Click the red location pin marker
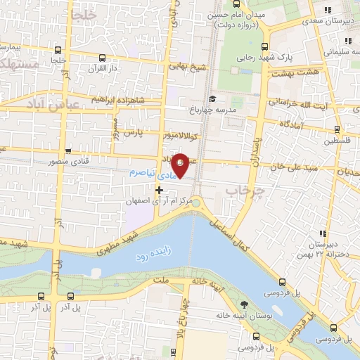click(x=181, y=165)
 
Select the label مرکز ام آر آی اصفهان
click(x=161, y=201)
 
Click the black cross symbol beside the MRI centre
click(x=160, y=190)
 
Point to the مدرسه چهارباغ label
click(x=215, y=110)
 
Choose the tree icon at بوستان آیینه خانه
click(x=243, y=304)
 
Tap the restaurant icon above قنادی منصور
click(x=68, y=150)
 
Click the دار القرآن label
click(x=103, y=69)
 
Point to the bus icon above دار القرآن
click(x=103, y=58)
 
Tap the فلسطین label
click(x=337, y=140)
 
